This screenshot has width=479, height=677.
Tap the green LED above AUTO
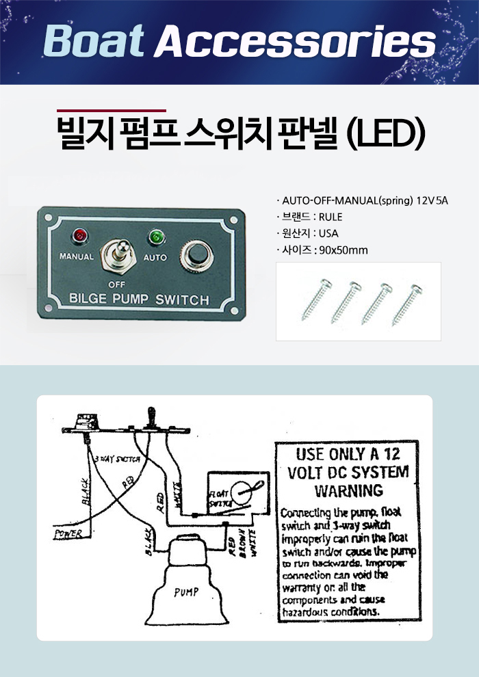156,238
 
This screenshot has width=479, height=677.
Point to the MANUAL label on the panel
77,258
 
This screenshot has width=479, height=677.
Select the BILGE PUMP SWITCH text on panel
139,300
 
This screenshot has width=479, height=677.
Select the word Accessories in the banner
294,42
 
